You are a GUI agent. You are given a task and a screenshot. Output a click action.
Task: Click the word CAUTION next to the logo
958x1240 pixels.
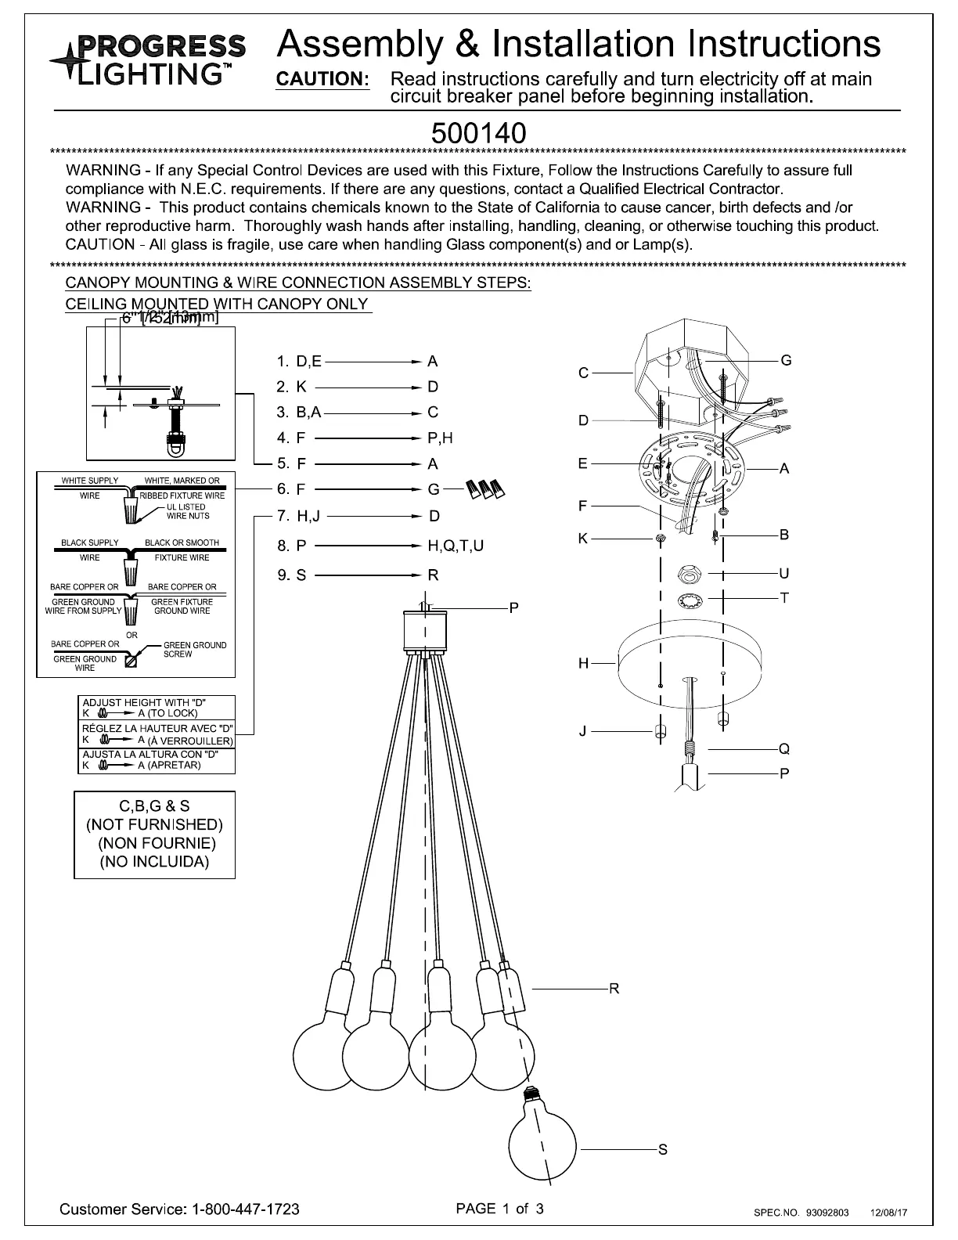tap(322, 79)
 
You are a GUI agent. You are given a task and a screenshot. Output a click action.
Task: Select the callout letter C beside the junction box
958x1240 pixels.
tap(583, 373)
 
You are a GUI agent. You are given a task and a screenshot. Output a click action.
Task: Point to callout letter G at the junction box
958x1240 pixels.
tap(786, 360)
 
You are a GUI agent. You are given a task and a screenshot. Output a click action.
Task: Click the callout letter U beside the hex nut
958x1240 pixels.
tap(784, 574)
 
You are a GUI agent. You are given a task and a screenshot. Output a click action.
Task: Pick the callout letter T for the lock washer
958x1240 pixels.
tap(784, 598)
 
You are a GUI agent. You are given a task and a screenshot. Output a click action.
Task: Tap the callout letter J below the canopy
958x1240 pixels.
tap(582, 732)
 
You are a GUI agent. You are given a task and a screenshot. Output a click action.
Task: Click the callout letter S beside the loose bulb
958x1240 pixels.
tap(662, 1150)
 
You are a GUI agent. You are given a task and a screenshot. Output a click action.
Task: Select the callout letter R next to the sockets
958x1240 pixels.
tap(614, 989)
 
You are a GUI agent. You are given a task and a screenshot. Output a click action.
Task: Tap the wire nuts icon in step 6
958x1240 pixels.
tap(484, 489)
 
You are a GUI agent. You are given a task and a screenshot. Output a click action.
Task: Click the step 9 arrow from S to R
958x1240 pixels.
tap(366, 575)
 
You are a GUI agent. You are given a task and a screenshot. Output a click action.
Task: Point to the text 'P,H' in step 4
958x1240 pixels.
tap(440, 438)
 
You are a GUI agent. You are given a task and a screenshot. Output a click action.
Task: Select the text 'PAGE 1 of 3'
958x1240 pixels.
tap(499, 1208)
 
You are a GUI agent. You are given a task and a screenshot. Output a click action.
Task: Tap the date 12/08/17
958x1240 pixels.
tap(889, 1213)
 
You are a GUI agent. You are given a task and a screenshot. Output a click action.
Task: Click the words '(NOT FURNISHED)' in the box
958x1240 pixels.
tap(154, 824)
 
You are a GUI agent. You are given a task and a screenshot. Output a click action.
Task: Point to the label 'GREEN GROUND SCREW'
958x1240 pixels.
tap(194, 650)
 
